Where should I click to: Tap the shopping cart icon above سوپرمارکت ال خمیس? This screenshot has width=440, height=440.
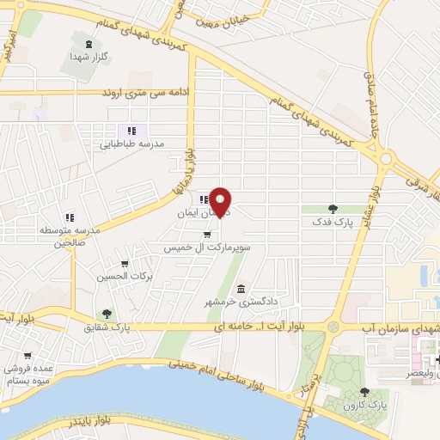[206, 233]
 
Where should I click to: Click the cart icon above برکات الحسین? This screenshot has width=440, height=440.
[125, 264]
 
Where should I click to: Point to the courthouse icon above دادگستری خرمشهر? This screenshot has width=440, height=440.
[241, 288]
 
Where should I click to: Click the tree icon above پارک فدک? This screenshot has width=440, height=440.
[333, 208]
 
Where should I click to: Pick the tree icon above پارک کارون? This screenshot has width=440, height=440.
[351, 390]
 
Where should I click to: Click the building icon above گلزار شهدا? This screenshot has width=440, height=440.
[87, 41]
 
